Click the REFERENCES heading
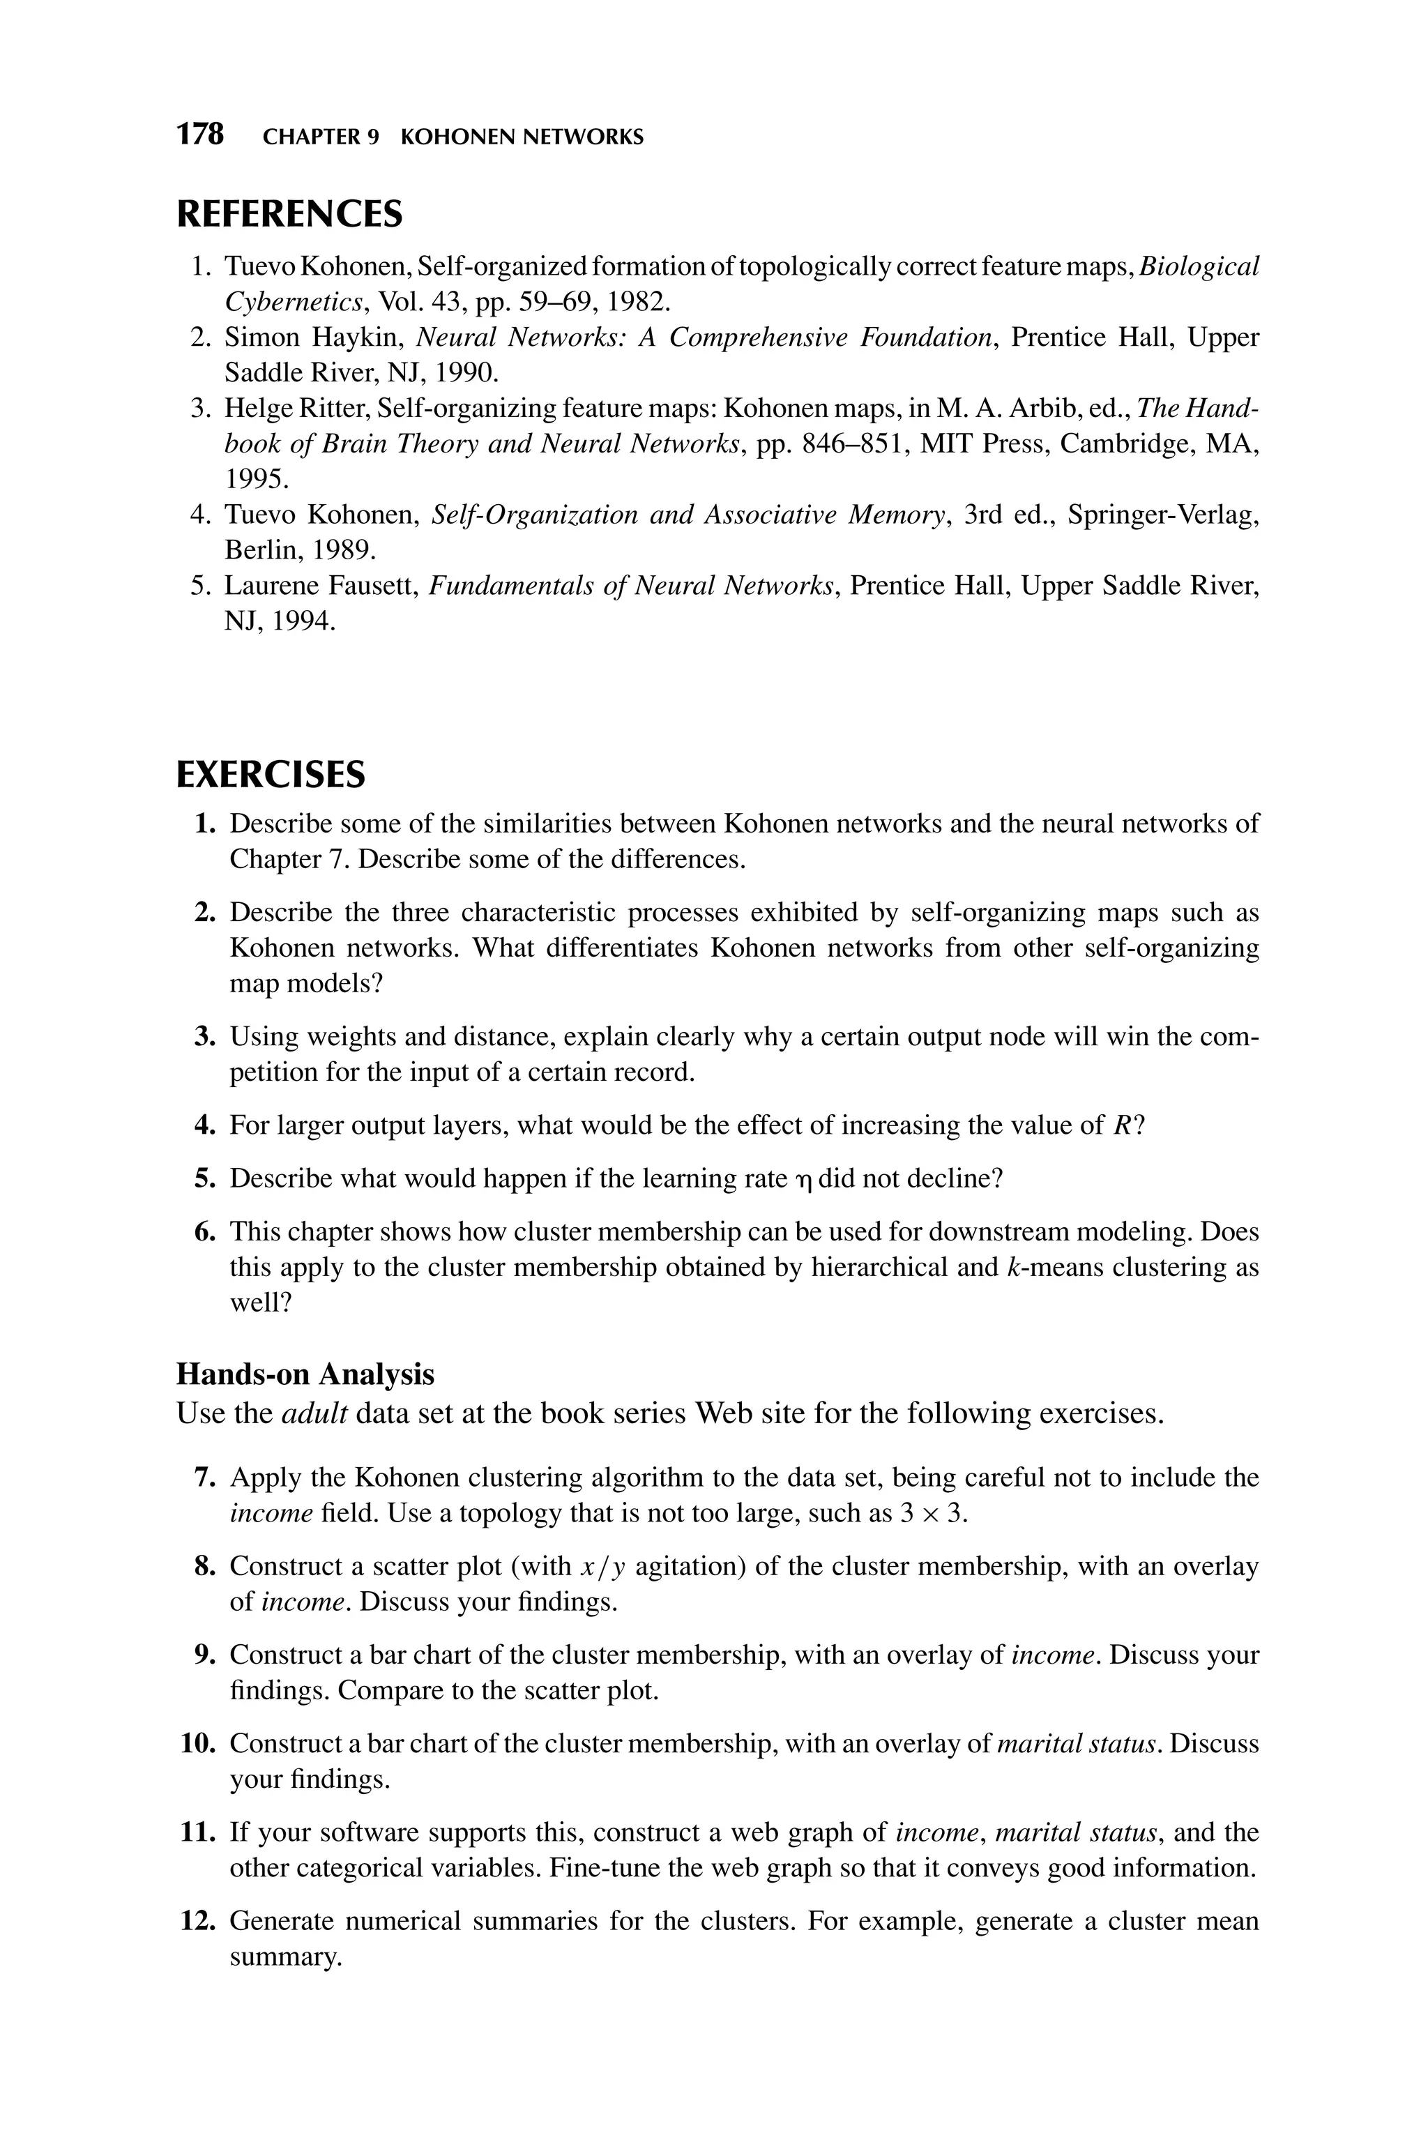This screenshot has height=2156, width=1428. [289, 214]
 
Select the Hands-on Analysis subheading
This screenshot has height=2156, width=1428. [305, 1373]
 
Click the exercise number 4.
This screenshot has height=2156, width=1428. [203, 1125]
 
